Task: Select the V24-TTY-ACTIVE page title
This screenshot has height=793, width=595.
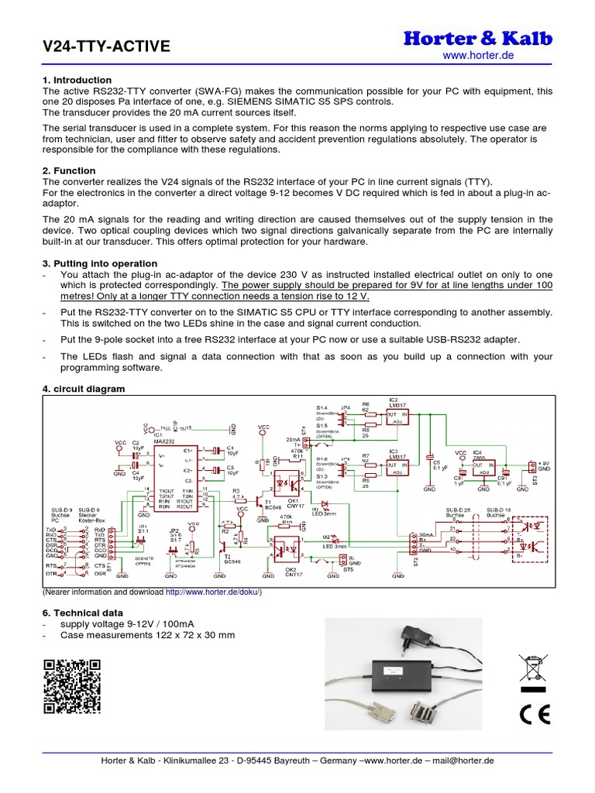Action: (x=106, y=47)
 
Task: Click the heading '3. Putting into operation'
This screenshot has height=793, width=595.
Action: (x=100, y=263)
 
